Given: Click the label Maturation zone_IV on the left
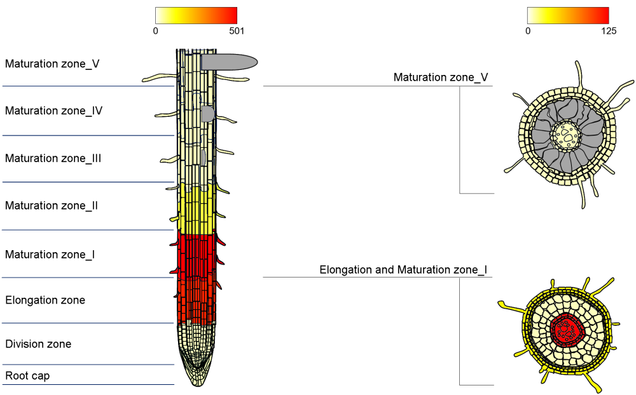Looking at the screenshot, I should click(x=54, y=110).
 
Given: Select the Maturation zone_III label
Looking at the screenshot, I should click(x=53, y=158).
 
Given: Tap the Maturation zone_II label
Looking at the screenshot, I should click(x=52, y=206).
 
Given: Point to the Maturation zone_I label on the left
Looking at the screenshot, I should click(x=50, y=255).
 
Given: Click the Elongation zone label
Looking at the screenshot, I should click(x=45, y=300).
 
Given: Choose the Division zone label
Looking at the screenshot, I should click(x=38, y=344).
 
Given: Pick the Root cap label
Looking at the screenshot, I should click(x=27, y=376).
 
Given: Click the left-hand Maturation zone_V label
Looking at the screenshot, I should click(x=52, y=64).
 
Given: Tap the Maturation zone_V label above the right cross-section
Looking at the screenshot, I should click(x=441, y=77).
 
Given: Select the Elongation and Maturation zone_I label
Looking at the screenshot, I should click(x=403, y=270).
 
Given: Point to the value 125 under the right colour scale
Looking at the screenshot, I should click(x=609, y=30).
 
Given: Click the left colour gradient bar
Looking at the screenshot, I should click(x=196, y=15).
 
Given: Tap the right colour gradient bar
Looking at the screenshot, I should click(x=568, y=15).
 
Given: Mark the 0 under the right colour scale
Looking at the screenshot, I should click(x=527, y=30).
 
